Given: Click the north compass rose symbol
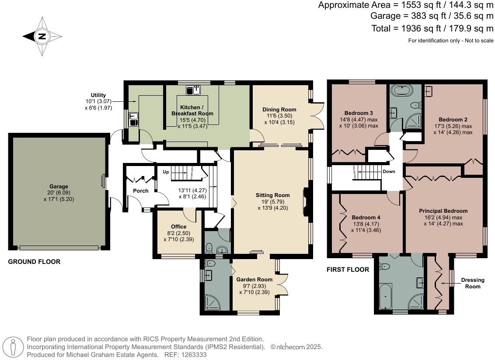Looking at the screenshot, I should coord(42,37).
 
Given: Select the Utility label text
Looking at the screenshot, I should coord(98,95).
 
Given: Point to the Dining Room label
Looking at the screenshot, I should coord(279,110).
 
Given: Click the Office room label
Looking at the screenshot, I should coord(179,227).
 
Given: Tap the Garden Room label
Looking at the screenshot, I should coord(254,280).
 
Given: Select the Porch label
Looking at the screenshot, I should coord(141,191).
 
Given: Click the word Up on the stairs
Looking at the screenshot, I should coord(166,172).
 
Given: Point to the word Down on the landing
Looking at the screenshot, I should coord(389,172).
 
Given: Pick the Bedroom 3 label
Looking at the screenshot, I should coord(359,112).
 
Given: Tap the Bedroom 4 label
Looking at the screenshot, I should coord(366,218).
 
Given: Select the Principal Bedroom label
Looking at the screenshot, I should coord(443,211).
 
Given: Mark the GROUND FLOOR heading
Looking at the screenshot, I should coord(34,262).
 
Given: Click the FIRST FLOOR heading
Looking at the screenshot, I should coord(348,270).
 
